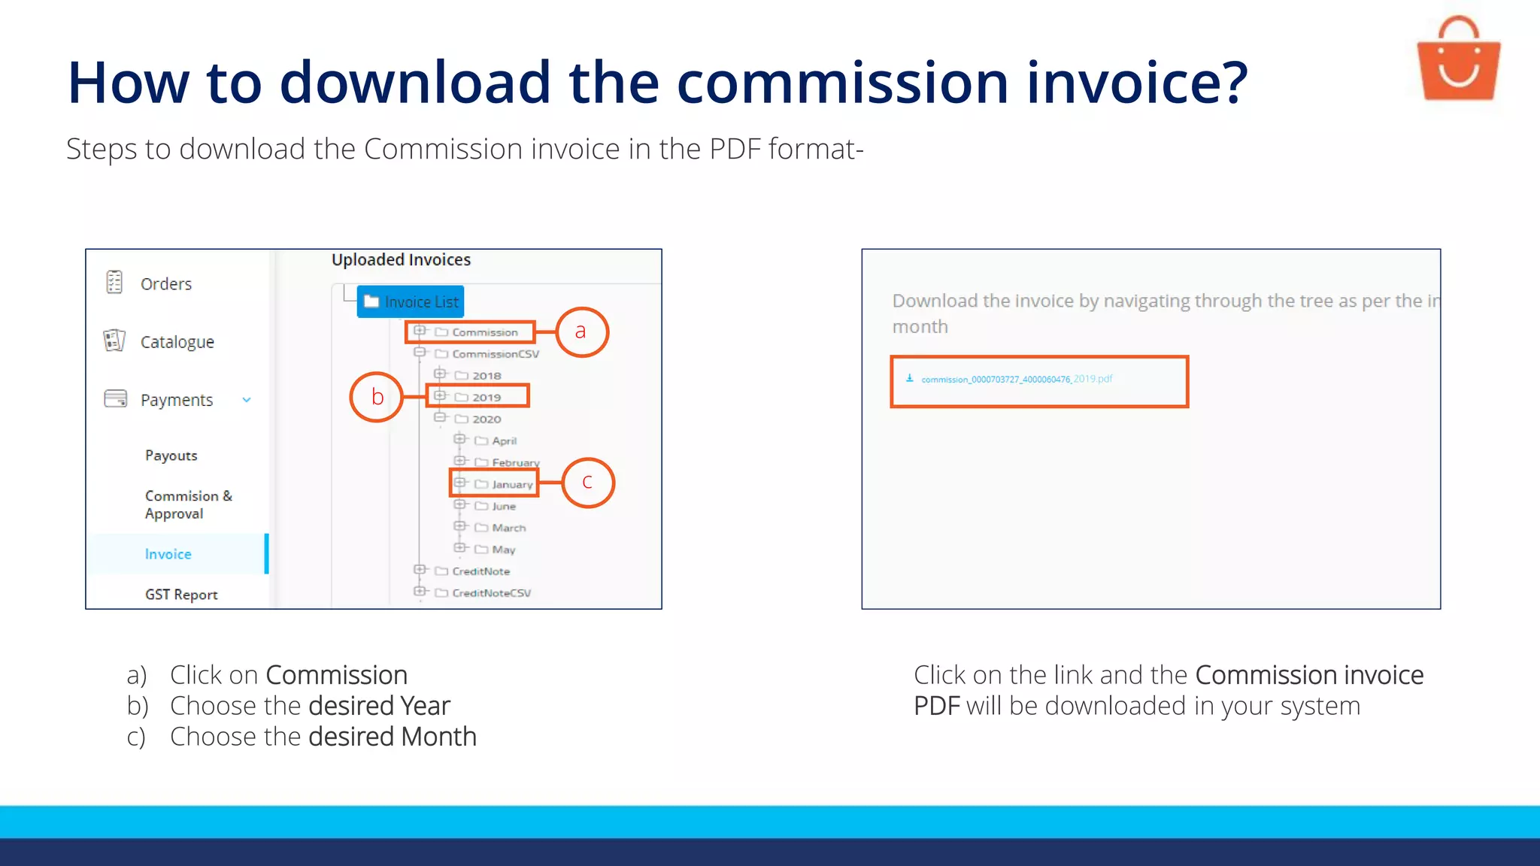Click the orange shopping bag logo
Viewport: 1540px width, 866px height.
tap(1458, 60)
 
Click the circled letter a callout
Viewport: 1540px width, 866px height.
tap(581, 332)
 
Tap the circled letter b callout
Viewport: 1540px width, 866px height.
tap(377, 397)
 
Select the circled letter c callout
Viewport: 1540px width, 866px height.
tap(587, 483)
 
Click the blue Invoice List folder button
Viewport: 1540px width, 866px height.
tap(411, 301)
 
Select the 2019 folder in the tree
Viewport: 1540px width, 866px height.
tap(486, 397)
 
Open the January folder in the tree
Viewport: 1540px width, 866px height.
tap(511, 484)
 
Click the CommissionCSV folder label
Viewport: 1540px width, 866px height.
tap(495, 354)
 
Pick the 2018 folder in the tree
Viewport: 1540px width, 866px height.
tap(486, 376)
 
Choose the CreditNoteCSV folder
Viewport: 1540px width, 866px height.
tap(491, 593)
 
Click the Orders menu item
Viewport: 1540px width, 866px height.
tap(165, 284)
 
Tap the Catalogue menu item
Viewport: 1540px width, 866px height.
tap(177, 342)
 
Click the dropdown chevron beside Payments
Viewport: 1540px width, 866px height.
tap(247, 400)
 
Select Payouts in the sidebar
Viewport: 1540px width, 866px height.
tap(171, 456)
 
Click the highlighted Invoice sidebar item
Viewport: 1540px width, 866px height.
tap(168, 554)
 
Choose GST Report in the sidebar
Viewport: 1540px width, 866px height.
tap(181, 595)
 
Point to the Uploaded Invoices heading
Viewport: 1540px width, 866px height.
tap(401, 260)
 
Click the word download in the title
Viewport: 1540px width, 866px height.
tap(416, 82)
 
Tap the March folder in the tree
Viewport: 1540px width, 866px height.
tap(508, 528)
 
